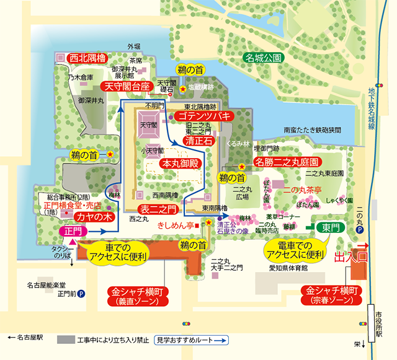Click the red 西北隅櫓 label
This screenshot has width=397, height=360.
(88, 58)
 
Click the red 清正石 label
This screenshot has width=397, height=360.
(198, 141)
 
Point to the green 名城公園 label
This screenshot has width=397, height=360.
(264, 58)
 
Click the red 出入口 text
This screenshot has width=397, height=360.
(351, 257)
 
